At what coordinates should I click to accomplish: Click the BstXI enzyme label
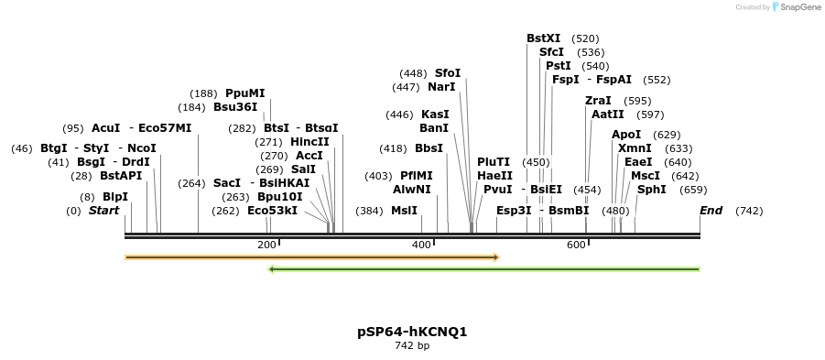coord(543,38)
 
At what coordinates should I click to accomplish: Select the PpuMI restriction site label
coord(244,93)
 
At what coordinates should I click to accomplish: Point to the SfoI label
coord(448,73)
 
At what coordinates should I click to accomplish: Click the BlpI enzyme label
coord(115,197)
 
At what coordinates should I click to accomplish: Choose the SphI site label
coord(652,190)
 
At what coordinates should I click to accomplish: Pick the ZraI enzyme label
coord(598,101)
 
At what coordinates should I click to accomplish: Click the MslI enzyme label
coord(404,211)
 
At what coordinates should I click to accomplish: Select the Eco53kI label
coord(272,211)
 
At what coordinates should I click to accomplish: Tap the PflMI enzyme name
coord(417,176)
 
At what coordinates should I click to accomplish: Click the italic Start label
coord(103,211)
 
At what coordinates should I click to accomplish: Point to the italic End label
coord(711,211)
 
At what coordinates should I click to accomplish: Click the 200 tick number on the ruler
coord(266,245)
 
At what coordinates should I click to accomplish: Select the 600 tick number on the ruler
coord(576,245)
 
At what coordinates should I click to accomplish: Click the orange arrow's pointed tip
coord(497,257)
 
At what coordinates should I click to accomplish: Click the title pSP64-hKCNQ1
coord(412,332)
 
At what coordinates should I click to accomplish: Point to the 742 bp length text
coord(412,346)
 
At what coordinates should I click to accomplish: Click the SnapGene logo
coord(797,7)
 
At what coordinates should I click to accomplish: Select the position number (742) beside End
coord(749,211)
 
